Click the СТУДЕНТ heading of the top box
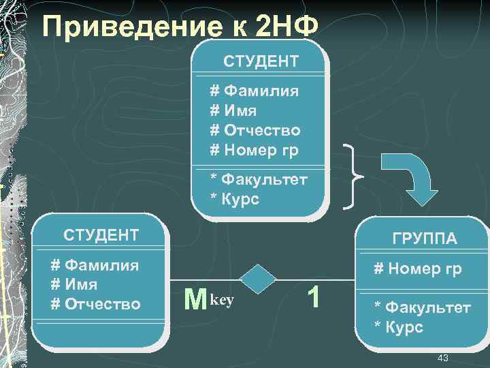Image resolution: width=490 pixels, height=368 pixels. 261,61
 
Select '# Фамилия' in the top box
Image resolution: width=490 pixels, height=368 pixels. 254,91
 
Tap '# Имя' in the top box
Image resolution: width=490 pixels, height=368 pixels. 233,110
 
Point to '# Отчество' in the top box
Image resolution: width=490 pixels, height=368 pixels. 255,129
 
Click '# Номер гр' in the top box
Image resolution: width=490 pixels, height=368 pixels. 254,149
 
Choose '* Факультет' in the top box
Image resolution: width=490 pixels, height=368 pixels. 259,180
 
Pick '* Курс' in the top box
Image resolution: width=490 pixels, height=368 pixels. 235,200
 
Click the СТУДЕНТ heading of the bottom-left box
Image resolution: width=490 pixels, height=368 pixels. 101,236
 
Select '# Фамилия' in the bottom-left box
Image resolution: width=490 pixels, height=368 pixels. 95,266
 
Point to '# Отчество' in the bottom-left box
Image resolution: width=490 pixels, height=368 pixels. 96,304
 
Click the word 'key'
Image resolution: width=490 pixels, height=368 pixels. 223,299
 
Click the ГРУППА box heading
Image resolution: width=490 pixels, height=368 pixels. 424,239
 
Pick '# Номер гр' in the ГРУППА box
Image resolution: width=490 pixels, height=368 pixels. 418,269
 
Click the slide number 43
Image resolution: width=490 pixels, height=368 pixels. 443,358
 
